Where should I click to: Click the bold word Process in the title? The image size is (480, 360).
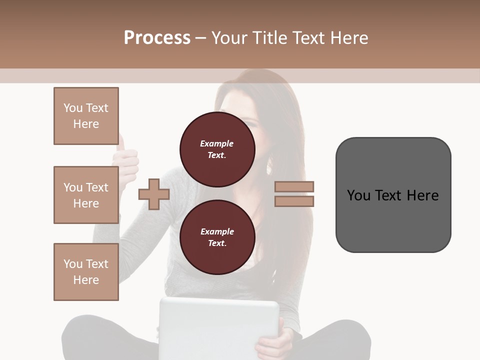tap(157, 38)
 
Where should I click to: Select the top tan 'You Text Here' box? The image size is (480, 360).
tap(86, 116)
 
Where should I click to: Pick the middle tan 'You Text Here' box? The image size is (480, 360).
tap(86, 195)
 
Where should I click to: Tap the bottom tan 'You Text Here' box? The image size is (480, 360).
tap(86, 272)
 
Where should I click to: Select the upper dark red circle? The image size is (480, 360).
tap(217, 149)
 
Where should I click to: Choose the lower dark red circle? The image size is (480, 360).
tap(217, 237)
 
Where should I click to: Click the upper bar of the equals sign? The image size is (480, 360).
tap(294, 187)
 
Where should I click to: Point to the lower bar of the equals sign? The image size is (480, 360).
tap(294, 201)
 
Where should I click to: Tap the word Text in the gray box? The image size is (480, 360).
tap(388, 195)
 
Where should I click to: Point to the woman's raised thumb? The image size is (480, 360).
tap(122, 145)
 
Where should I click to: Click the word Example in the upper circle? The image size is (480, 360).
tap(217, 144)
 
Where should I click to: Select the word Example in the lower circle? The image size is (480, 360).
tap(217, 232)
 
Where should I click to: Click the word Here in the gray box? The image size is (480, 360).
tap(422, 195)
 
